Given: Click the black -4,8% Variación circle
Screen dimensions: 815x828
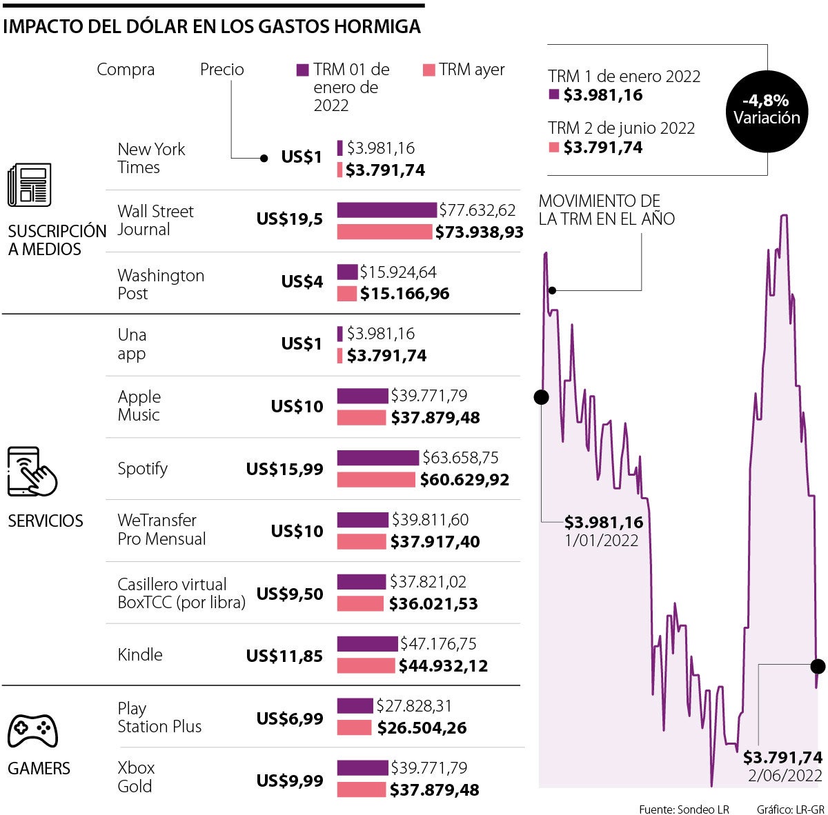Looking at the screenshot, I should pyautogui.click(x=766, y=110).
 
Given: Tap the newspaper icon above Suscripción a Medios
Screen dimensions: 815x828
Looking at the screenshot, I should pyautogui.click(x=29, y=185).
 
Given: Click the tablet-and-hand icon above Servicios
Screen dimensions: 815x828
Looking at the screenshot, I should pyautogui.click(x=31, y=472).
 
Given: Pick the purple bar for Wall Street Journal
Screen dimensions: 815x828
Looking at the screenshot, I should pyautogui.click(x=386, y=210).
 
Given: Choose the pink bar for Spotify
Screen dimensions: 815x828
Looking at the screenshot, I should pyautogui.click(x=376, y=479).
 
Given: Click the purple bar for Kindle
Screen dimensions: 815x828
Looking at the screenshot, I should pyautogui.click(x=367, y=644).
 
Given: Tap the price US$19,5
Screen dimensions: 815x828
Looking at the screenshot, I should pyautogui.click(x=290, y=219).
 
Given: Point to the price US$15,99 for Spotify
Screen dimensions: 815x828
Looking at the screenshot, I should pyautogui.click(x=284, y=469).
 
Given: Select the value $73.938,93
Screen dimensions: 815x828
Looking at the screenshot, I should pyautogui.click(x=479, y=232).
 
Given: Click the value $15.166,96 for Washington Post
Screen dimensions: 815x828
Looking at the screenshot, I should pyautogui.click(x=404, y=294).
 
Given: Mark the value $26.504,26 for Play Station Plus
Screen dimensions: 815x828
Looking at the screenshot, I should pyautogui.click(x=422, y=728).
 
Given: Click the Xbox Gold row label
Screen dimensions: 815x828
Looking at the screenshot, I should pyautogui.click(x=136, y=777).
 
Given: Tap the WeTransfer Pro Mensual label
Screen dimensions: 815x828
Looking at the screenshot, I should pyautogui.click(x=161, y=530).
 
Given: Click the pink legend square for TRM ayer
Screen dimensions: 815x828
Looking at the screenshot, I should pyautogui.click(x=428, y=70).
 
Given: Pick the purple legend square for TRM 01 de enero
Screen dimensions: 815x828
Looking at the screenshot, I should pyautogui.click(x=302, y=70).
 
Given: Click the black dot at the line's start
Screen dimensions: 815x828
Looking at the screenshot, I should pyautogui.click(x=542, y=397).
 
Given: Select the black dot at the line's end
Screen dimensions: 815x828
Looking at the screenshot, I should pyautogui.click(x=818, y=666).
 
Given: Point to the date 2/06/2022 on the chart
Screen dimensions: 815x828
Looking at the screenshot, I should pyautogui.click(x=785, y=776).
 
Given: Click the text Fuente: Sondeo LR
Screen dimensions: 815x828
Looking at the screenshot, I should pyautogui.click(x=683, y=809).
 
